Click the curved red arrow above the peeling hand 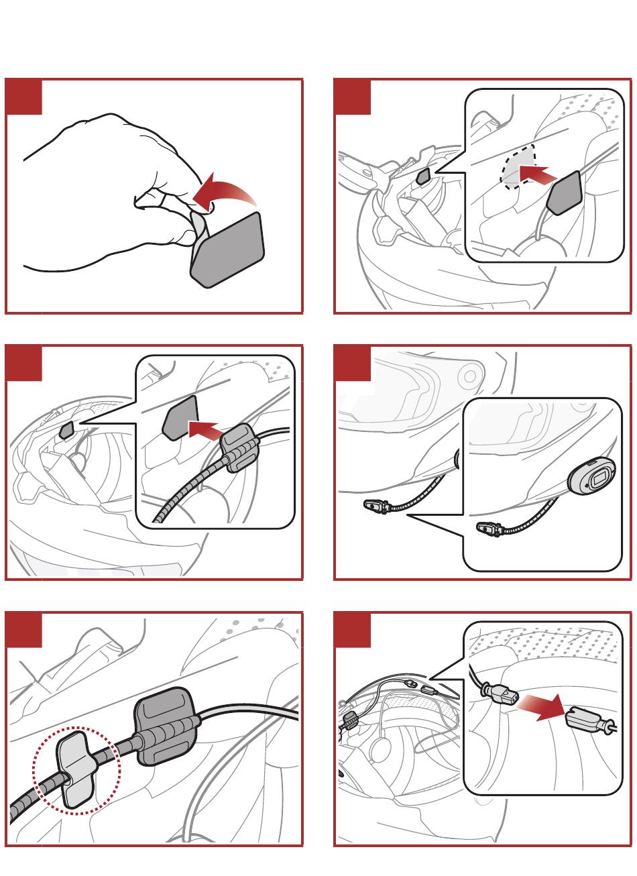(x=225, y=190)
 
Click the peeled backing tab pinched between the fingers (x=198, y=229)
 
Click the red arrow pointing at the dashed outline (x=538, y=176)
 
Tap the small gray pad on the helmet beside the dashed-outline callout (x=424, y=176)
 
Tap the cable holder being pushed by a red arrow (x=239, y=447)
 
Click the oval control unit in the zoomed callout (x=591, y=478)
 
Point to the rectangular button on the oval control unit (x=598, y=478)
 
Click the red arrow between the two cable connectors (x=541, y=706)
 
